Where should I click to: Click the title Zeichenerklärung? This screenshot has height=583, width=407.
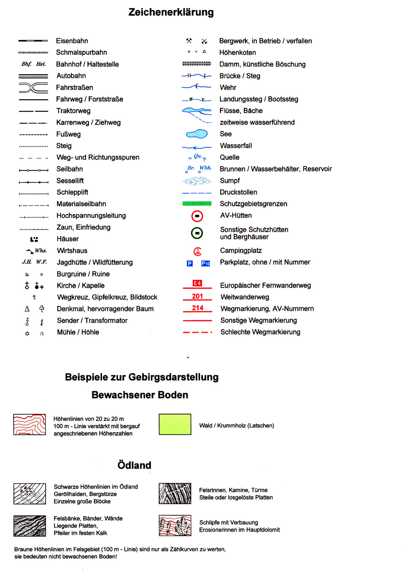(171, 12)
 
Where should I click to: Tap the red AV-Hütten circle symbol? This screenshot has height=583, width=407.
(197, 216)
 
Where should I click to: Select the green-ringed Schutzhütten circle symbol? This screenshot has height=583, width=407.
(197, 233)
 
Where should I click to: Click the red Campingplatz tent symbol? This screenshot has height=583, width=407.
(197, 251)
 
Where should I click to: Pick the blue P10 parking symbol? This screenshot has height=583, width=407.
(206, 264)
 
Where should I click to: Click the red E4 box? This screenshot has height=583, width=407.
(197, 283)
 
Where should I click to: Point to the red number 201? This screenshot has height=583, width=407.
(197, 296)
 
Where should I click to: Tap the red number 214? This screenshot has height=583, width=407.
(197, 308)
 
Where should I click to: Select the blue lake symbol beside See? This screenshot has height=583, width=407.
(197, 134)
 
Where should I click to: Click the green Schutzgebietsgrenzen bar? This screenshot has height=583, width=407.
(197, 203)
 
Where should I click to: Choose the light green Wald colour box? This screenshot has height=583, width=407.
(175, 424)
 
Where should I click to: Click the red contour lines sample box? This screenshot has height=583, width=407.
(29, 424)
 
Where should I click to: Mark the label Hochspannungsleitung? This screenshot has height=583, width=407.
(91, 216)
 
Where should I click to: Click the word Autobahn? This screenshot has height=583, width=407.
(71, 76)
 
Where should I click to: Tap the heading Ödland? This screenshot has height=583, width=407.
(134, 465)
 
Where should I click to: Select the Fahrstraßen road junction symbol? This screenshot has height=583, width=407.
(33, 88)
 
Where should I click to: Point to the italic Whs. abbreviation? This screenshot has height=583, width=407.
(41, 251)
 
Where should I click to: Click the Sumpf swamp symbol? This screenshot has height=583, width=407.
(197, 181)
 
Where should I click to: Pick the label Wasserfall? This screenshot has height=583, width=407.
(236, 146)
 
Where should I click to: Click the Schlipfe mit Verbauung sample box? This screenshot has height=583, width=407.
(175, 525)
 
